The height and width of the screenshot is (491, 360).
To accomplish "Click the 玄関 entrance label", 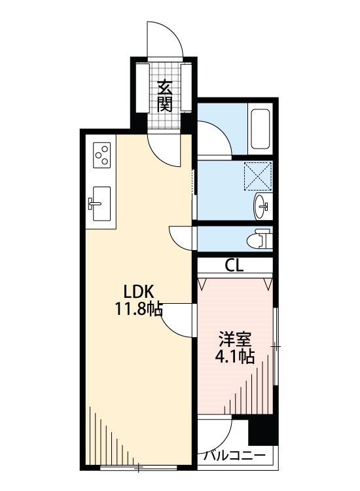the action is click(x=165, y=96).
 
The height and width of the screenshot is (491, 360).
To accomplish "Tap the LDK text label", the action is click(x=139, y=292).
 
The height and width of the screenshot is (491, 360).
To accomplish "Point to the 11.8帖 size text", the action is click(x=139, y=309).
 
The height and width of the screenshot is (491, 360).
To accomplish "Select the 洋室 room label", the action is click(x=235, y=339).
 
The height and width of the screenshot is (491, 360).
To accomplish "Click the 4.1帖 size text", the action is click(x=235, y=356).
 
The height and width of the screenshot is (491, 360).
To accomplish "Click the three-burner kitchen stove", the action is click(x=102, y=154).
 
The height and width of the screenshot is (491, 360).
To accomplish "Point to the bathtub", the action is click(x=261, y=130).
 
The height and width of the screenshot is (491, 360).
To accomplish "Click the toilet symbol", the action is click(x=259, y=239).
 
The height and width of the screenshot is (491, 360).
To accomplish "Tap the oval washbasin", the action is click(x=261, y=206).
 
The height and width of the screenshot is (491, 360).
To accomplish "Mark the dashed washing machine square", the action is click(x=258, y=175).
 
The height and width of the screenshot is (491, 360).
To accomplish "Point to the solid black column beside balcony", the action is click(x=263, y=431).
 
